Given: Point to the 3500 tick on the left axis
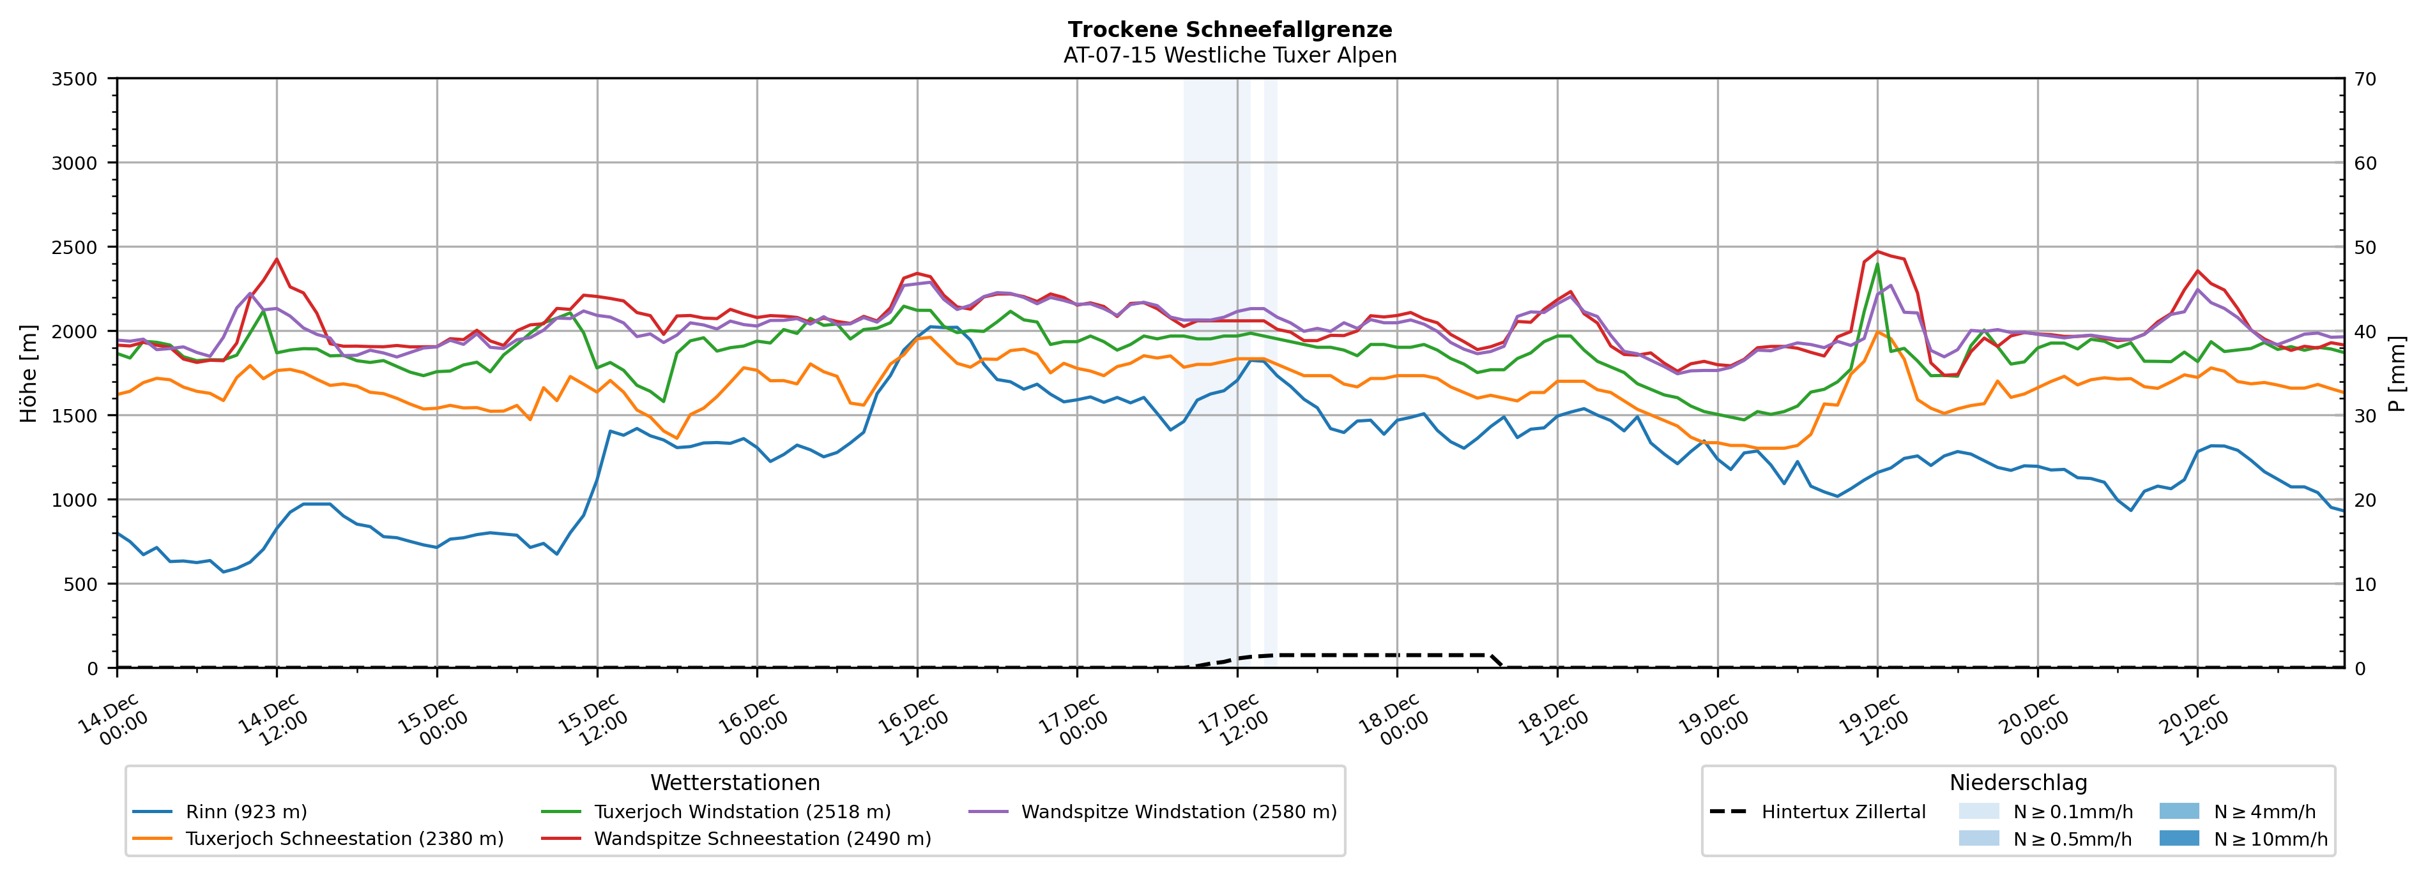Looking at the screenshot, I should pyautogui.click(x=75, y=79).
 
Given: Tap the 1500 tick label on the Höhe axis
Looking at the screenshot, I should pyautogui.click(x=75, y=415).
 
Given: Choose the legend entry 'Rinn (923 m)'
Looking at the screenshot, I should pyautogui.click(x=246, y=812).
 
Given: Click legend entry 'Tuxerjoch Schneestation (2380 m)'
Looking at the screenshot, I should pyautogui.click(x=344, y=838).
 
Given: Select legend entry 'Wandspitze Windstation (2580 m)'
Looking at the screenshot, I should pyautogui.click(x=1178, y=812).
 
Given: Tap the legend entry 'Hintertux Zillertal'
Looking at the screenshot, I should pyautogui.click(x=1843, y=812).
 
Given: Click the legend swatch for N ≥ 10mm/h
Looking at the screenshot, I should pyautogui.click(x=2178, y=838).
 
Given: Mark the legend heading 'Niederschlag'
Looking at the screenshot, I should pyautogui.click(x=2018, y=782).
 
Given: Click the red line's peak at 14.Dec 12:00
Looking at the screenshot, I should pyautogui.click(x=276, y=259).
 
